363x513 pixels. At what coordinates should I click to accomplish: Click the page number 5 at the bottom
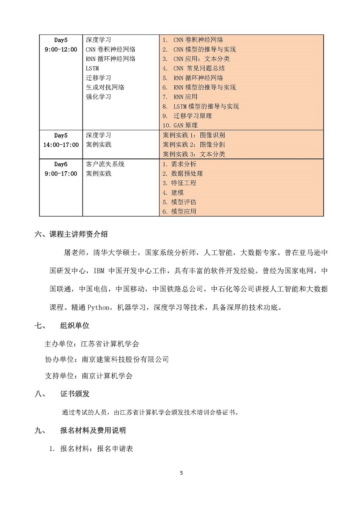point(181,473)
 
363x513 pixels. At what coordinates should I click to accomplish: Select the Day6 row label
point(61,164)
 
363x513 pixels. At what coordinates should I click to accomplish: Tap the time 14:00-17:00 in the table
point(61,145)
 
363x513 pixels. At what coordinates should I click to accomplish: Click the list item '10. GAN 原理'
point(180,125)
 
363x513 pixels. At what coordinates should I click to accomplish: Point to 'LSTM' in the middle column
point(92,68)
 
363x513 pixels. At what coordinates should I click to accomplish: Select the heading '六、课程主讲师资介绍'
point(71,234)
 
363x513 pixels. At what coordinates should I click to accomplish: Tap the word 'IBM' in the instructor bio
point(99,271)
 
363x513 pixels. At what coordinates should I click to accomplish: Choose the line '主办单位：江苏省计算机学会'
point(91,344)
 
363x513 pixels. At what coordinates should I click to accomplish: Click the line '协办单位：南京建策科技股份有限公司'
point(107,359)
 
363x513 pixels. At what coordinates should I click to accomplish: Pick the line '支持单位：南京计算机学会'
point(89,375)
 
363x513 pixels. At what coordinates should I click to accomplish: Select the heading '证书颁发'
point(74,394)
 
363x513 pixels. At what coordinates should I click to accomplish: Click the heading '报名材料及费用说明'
point(93,430)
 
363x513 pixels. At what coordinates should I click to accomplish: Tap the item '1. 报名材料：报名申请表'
point(91,449)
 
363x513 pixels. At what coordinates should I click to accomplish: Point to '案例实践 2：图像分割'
point(194,144)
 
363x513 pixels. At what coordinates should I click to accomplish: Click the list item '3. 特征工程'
point(179,183)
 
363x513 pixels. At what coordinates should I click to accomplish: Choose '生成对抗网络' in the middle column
point(105,87)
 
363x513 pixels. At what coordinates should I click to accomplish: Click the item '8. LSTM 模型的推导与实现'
point(201,106)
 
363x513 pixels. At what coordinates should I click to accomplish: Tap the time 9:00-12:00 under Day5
point(61,49)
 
